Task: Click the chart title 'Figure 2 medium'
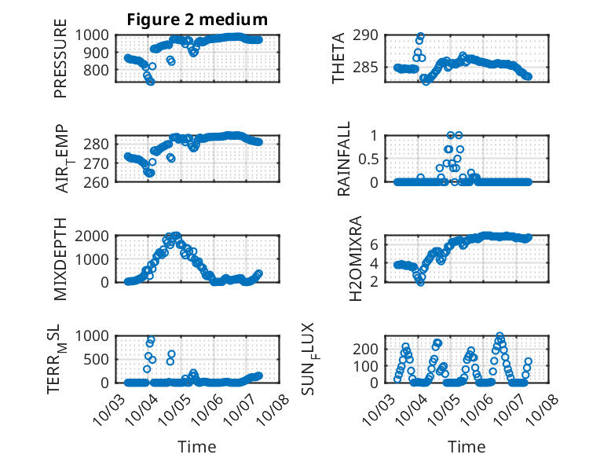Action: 197,20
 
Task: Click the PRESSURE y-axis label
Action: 60,64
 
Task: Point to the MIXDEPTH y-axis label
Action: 60,259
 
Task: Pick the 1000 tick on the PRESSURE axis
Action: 97,35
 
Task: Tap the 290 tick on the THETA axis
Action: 371,35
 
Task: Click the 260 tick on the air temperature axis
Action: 101,182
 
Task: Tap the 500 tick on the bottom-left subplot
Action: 101,359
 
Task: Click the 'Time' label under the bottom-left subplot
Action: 197,446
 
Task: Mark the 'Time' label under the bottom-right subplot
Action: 467,446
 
